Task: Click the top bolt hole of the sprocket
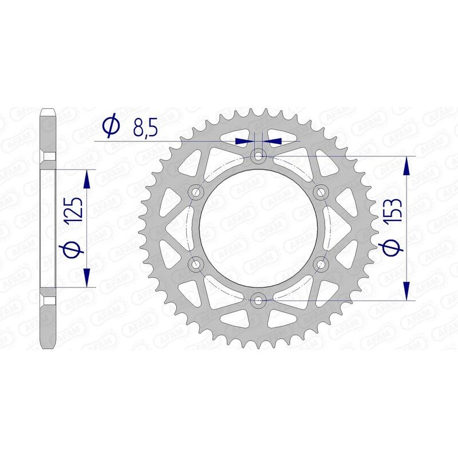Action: [x=259, y=155]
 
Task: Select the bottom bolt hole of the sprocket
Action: [x=259, y=299]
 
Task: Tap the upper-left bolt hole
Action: [x=197, y=191]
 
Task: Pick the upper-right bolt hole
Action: [x=321, y=191]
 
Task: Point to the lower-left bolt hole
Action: [x=197, y=263]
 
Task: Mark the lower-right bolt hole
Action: [x=321, y=263]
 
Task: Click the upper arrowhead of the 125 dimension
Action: [x=87, y=179]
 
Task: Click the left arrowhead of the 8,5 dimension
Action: [x=245, y=140]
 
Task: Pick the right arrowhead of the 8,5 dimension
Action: [x=273, y=140]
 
